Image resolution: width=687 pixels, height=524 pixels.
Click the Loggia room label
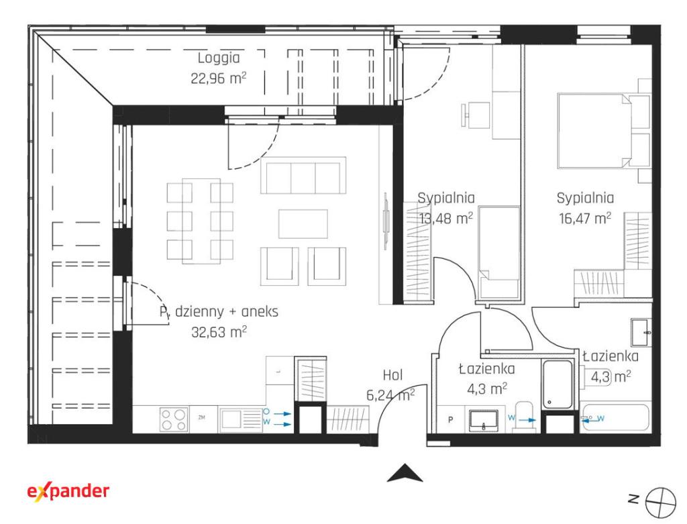tap(219, 58)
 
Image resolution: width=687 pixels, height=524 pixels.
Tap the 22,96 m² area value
tap(218, 78)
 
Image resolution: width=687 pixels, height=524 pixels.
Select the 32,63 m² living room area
tap(219, 331)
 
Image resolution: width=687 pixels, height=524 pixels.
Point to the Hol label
tap(392, 375)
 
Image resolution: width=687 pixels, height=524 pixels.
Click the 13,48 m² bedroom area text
tap(445, 218)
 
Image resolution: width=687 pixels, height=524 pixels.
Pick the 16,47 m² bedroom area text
tap(585, 218)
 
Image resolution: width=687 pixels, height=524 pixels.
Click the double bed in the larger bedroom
tap(603, 131)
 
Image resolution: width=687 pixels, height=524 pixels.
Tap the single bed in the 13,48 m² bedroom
tap(499, 253)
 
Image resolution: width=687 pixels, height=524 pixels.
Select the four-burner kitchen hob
tap(174, 419)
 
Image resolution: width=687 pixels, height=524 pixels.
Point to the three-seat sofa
tap(303, 175)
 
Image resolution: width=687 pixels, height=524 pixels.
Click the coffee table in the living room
tap(303, 224)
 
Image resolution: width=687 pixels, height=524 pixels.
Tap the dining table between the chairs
tap(201, 221)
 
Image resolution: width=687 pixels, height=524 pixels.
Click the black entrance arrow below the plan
tap(405, 473)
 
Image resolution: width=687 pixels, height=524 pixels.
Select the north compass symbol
tap(661, 500)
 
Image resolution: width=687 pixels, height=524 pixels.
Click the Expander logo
tap(68, 492)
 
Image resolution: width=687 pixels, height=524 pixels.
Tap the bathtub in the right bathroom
tap(615, 419)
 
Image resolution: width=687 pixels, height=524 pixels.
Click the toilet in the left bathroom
tap(525, 416)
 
